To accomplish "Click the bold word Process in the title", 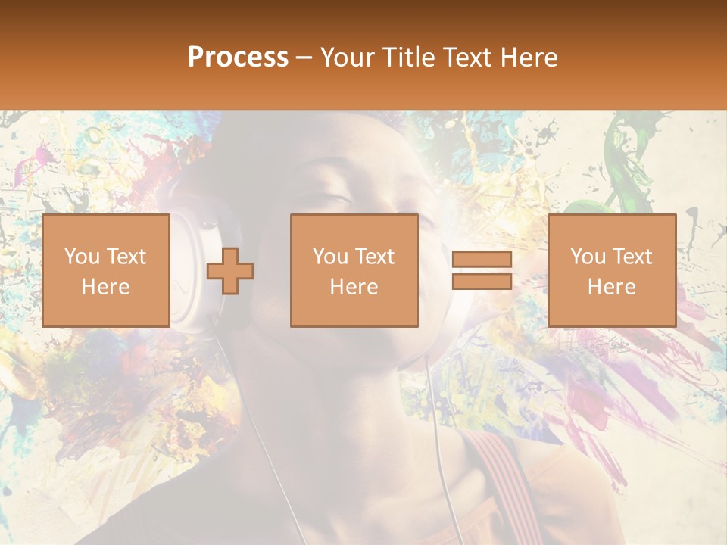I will tap(238, 58).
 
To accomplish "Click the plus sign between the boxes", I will tap(230, 271).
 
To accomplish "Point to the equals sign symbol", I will tap(482, 270).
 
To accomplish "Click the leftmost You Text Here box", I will tap(106, 270).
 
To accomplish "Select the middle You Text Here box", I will tap(354, 270).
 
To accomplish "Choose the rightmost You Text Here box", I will tap(611, 270).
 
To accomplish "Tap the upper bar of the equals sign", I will tap(482, 260).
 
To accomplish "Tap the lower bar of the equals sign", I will tap(482, 281).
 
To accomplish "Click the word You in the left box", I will tap(81, 257).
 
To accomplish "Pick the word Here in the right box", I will tap(611, 286).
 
